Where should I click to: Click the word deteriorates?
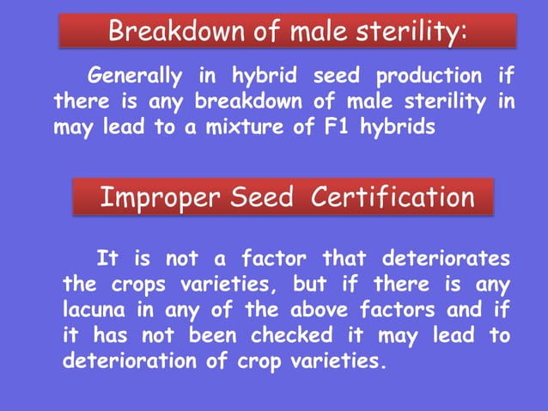(x=445, y=257)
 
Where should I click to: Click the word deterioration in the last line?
(x=131, y=360)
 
